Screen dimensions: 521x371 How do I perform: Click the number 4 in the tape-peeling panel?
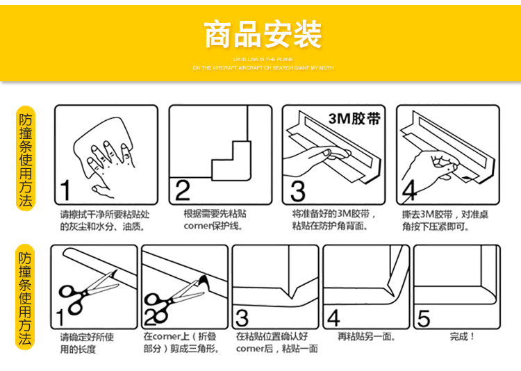pyautogui.click(x=410, y=189)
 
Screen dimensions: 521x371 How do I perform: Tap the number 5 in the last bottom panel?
pyautogui.click(x=424, y=319)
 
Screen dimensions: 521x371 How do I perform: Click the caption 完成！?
pyautogui.click(x=462, y=337)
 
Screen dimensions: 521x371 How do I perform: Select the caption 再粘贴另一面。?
pyautogui.click(x=367, y=337)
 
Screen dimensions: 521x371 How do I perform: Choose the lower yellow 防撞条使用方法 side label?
pyautogui.click(x=25, y=299)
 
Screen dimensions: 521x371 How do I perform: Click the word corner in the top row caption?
pyautogui.click(x=197, y=226)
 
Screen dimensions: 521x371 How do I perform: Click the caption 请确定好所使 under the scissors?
pyautogui.click(x=87, y=337)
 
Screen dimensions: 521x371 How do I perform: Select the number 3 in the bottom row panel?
pyautogui.click(x=242, y=319)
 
